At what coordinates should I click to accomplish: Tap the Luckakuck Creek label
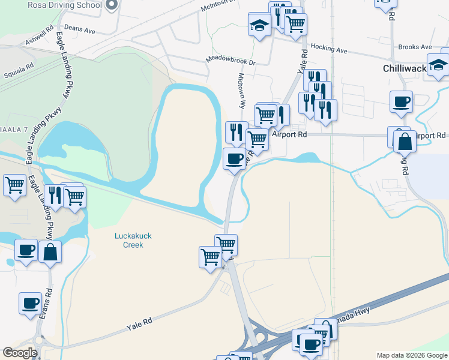[x=133, y=240]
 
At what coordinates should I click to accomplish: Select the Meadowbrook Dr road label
[x=231, y=61]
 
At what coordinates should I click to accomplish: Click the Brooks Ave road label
[x=415, y=47]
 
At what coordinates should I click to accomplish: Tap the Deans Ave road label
[x=80, y=29]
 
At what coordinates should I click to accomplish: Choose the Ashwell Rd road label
[x=40, y=36]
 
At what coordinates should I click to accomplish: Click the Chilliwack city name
[x=404, y=68]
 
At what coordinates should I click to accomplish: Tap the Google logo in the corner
[x=20, y=353]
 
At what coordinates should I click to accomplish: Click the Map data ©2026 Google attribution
[x=412, y=355]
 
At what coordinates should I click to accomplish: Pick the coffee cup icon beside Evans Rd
[x=30, y=304]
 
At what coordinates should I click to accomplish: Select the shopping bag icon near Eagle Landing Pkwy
[x=50, y=252]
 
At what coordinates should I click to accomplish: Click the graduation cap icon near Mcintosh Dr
[x=259, y=26]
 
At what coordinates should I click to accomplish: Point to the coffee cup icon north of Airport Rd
[x=400, y=101]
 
